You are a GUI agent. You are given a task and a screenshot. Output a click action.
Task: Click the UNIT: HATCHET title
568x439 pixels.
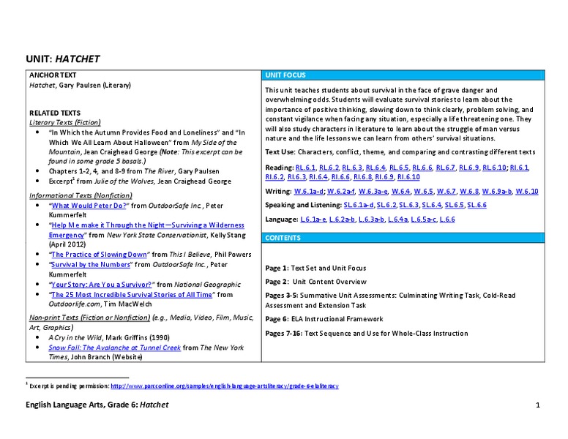tap(62, 59)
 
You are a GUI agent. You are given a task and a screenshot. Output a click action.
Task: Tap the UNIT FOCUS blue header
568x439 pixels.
tap(285, 75)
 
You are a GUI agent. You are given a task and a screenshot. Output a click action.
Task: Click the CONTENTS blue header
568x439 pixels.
tap(283, 238)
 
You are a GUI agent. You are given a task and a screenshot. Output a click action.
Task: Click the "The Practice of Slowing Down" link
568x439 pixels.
tap(98, 254)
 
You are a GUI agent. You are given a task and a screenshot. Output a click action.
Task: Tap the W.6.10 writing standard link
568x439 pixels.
tap(526, 191)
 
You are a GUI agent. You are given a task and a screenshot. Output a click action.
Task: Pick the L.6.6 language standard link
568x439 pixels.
tap(446, 219)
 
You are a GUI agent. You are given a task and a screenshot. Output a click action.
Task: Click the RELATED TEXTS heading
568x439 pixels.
tap(50, 113)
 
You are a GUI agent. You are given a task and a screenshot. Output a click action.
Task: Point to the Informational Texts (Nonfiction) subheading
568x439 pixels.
tap(81, 196)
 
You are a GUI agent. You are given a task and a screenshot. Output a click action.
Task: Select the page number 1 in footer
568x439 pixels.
tap(537, 405)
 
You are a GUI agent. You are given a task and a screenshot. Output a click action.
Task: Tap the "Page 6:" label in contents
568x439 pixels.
tap(280, 319)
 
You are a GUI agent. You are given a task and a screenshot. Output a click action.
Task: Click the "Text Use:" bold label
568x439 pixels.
tap(281, 152)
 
